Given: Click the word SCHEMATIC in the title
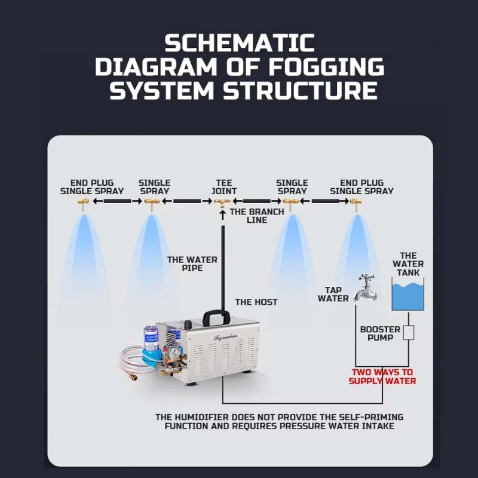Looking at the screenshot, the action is (240, 42).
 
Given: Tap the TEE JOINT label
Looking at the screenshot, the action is (224, 187).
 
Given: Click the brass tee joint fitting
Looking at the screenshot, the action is (222, 203).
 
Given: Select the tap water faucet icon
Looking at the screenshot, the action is (366, 288).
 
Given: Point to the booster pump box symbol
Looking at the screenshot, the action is (409, 333).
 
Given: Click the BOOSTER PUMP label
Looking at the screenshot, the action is (380, 333).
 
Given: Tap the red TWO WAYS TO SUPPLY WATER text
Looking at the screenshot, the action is (382, 376).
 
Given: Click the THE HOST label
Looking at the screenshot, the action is (256, 302).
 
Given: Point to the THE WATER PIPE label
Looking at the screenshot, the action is (192, 264).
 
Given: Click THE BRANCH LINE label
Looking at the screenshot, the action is (257, 216).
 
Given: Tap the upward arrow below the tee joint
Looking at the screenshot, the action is (223, 215).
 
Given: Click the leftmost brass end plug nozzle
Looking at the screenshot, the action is (82, 203).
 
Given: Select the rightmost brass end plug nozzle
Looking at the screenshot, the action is (356, 203).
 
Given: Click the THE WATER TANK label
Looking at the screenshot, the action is (408, 264).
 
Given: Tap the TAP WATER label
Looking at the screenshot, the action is (333, 294).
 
